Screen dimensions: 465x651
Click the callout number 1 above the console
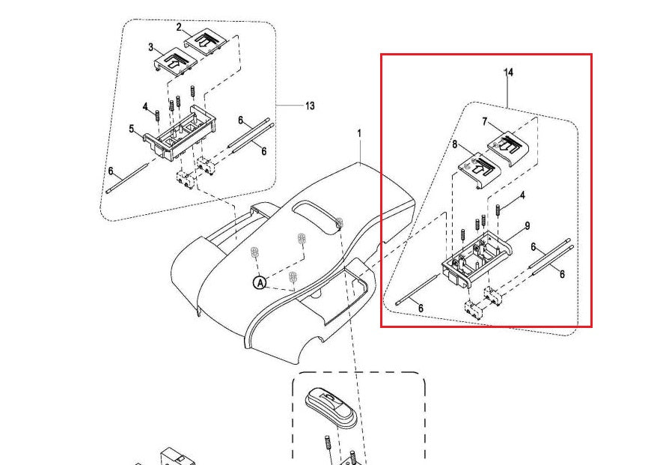(x=358, y=133)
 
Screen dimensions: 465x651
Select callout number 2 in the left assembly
(x=180, y=27)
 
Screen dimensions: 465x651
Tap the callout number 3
(x=150, y=48)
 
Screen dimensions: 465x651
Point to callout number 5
(x=132, y=129)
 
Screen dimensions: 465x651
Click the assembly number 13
(x=310, y=106)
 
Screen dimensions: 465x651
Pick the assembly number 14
(x=509, y=73)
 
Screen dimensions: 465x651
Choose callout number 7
(x=485, y=121)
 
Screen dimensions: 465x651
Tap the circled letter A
(x=259, y=282)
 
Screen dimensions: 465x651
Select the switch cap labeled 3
(x=174, y=61)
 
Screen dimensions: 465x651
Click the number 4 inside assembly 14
(x=522, y=195)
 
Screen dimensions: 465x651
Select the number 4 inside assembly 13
(x=145, y=106)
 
